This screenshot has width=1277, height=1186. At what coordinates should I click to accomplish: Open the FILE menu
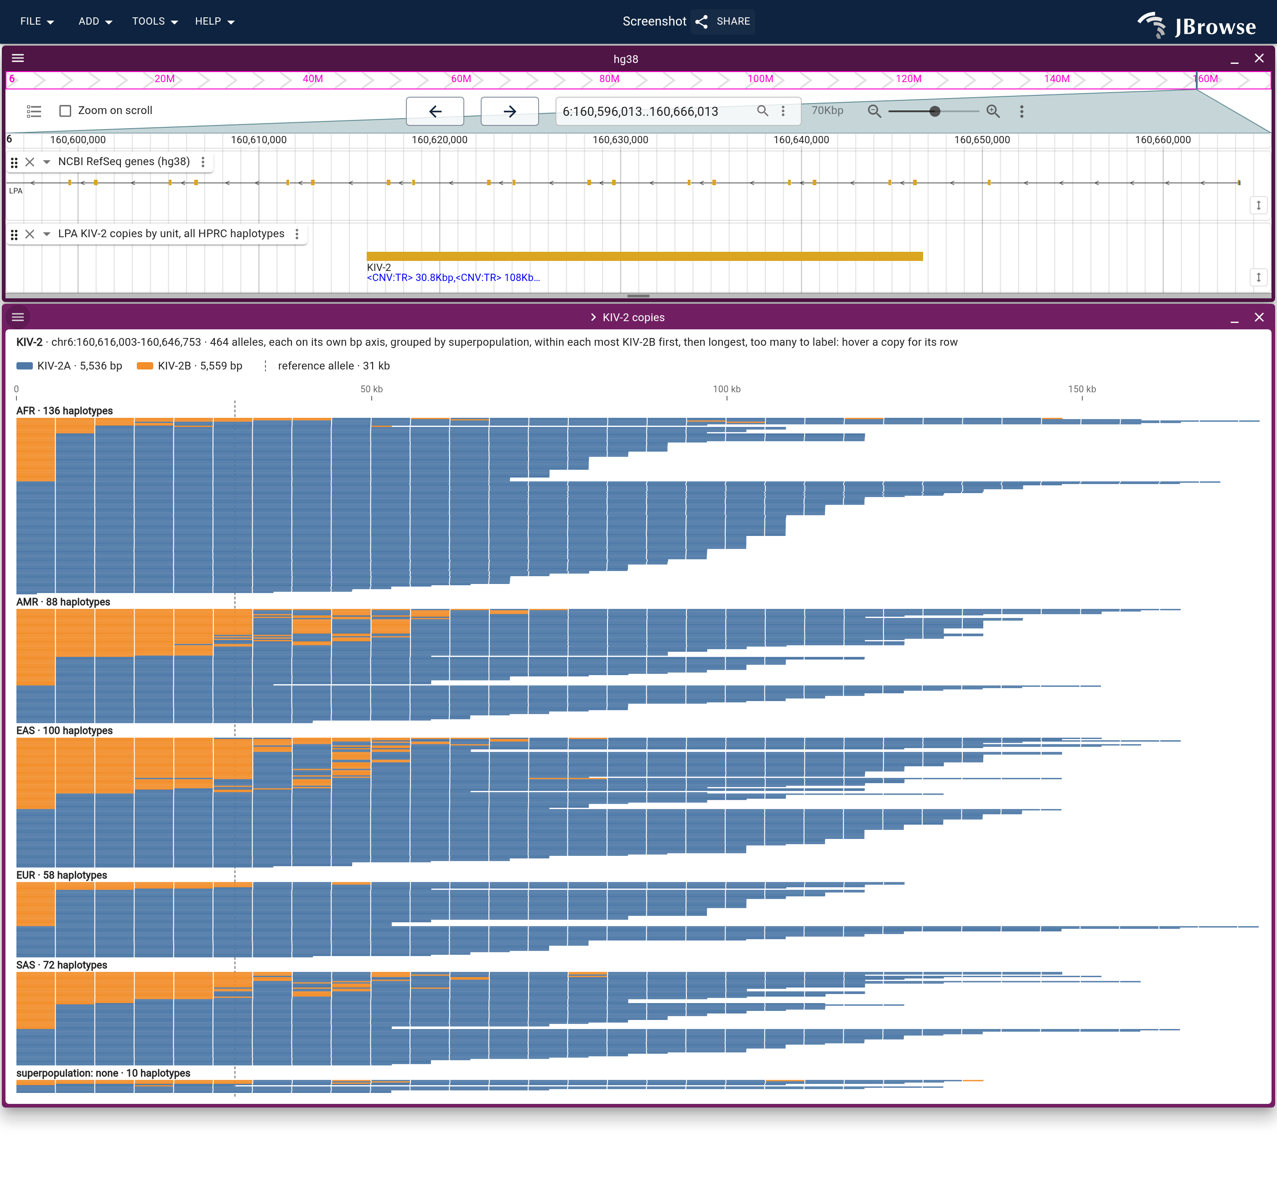[x=36, y=21]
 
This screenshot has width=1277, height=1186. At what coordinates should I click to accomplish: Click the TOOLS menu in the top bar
[x=155, y=21]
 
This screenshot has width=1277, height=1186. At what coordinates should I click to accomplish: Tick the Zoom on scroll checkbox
[x=65, y=110]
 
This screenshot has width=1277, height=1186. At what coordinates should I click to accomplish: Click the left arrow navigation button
[x=435, y=111]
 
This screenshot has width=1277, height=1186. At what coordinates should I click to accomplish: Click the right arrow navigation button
[x=509, y=111]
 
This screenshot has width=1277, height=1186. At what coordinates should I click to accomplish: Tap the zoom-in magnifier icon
[x=993, y=111]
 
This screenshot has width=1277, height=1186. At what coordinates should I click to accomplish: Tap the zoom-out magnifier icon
[x=874, y=111]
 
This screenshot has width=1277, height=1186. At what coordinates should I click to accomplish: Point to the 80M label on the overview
[x=609, y=79]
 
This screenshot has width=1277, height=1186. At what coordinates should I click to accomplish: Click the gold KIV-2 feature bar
[x=644, y=256]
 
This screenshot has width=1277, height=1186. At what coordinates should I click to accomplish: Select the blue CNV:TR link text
[x=453, y=278]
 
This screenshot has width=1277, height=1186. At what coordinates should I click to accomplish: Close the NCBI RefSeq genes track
[x=30, y=162]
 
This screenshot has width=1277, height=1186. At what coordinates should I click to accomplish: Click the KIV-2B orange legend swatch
[x=145, y=366]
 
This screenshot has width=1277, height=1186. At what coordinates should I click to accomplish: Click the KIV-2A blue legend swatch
[x=24, y=366]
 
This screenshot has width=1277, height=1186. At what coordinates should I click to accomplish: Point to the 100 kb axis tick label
[x=727, y=389]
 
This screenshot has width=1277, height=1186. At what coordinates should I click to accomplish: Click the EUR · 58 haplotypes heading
[x=62, y=875]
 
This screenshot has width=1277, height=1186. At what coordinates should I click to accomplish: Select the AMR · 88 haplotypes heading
[x=63, y=602]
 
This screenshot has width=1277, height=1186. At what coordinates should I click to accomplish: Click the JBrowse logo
[x=1196, y=25]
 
